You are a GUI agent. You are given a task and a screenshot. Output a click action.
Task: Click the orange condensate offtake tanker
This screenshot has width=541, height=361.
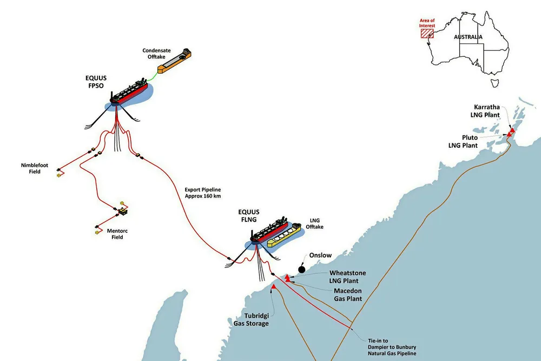(x=174, y=61)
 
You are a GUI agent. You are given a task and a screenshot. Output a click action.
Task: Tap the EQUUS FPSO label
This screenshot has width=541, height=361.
(x=96, y=82)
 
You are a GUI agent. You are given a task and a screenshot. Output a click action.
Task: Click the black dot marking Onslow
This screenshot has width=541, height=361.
(x=301, y=269)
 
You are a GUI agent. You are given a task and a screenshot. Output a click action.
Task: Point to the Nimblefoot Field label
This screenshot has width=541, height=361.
(x=35, y=168)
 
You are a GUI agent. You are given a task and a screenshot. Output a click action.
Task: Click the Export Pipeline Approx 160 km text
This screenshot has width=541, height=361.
(x=203, y=193)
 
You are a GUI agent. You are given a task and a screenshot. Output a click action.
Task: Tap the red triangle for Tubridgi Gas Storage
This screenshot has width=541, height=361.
(x=274, y=286)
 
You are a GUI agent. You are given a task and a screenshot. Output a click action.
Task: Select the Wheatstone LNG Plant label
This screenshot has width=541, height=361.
(x=347, y=277)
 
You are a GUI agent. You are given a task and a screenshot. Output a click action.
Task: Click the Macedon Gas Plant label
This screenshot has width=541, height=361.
(x=348, y=295)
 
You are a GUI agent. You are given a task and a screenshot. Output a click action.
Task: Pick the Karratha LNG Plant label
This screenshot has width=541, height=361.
(x=485, y=111)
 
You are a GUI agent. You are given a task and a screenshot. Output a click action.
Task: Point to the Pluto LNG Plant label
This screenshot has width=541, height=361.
(x=463, y=141)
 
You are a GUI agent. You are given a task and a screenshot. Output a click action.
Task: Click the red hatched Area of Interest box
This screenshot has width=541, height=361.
(x=427, y=34)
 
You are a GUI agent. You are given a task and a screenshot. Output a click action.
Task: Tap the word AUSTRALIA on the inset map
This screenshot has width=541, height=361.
(x=468, y=37)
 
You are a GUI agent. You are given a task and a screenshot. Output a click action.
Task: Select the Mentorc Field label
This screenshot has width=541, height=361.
(x=117, y=234)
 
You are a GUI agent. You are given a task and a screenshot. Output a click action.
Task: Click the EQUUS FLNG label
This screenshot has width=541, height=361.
(x=249, y=216)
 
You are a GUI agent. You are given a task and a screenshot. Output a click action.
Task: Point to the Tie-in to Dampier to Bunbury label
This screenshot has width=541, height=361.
(x=392, y=347)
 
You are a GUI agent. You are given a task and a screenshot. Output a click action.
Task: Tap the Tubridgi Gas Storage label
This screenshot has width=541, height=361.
(x=251, y=319)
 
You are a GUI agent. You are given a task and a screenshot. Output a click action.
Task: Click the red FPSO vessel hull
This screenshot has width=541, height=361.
(x=129, y=93)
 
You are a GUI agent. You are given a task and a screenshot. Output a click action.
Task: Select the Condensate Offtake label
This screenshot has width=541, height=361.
(x=157, y=54)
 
